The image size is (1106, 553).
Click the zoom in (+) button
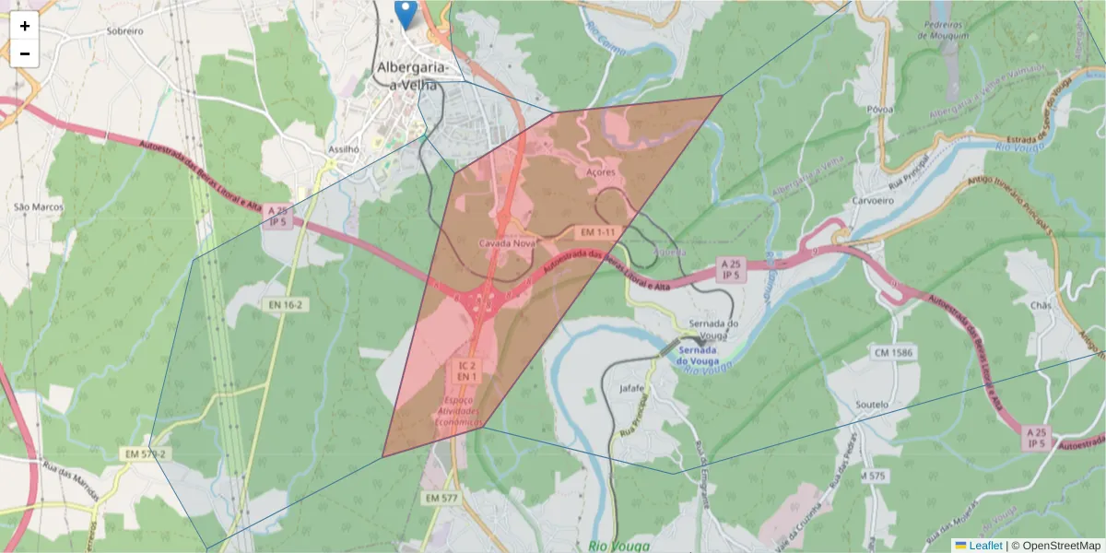(x=25, y=27)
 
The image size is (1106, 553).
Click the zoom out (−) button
(x=25, y=53)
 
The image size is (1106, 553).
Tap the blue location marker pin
(x=406, y=14)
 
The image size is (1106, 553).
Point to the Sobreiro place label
(x=125, y=30)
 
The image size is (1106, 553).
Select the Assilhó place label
(x=343, y=148)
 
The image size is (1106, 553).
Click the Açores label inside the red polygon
(x=600, y=172)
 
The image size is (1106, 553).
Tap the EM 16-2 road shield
(x=285, y=304)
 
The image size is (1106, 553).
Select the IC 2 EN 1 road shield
(x=466, y=371)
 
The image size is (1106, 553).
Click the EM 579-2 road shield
(x=147, y=454)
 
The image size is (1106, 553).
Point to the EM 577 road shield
(x=441, y=498)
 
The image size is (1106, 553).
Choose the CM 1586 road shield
(x=894, y=353)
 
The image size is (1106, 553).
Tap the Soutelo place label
(x=872, y=405)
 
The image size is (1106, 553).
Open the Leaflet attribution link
(x=984, y=546)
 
